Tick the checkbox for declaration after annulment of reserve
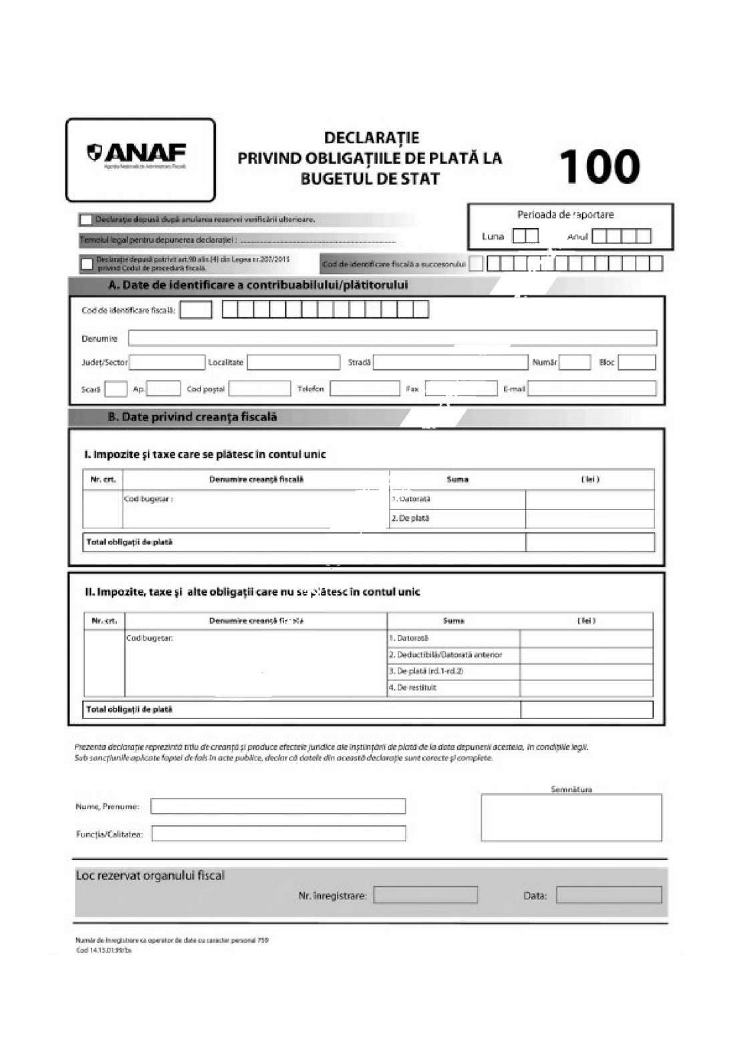[86, 220]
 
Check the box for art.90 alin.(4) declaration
[87, 264]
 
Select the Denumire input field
[392, 338]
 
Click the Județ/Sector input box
[167, 362]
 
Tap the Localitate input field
[293, 362]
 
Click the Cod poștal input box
[260, 388]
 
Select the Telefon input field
[364, 388]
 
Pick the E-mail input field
[592, 388]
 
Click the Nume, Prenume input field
[278, 806]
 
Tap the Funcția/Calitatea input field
[279, 833]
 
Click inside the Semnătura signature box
[571, 817]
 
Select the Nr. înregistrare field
[425, 895]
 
